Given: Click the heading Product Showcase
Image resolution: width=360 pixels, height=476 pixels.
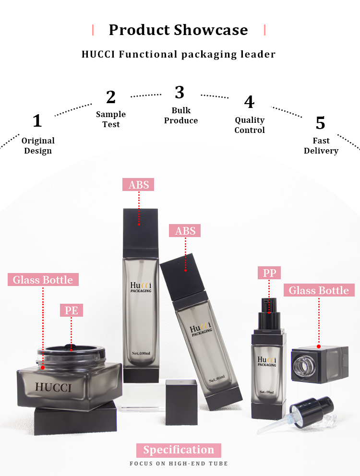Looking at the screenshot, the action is pyautogui.click(x=179, y=30).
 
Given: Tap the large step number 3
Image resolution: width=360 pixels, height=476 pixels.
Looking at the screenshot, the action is pyautogui.click(x=180, y=92).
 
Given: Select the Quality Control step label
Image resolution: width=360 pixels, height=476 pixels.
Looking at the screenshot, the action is pyautogui.click(x=250, y=125).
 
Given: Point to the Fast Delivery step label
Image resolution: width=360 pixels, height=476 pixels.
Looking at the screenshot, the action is pyautogui.click(x=321, y=145).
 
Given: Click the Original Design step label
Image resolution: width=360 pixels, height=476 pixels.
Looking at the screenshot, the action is pyautogui.click(x=38, y=145).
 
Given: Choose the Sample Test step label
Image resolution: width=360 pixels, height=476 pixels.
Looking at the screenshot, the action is pyautogui.click(x=111, y=119).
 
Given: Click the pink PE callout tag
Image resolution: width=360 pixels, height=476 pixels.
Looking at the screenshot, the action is pyautogui.click(x=72, y=310).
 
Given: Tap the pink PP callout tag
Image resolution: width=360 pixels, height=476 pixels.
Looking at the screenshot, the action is pyautogui.click(x=269, y=273).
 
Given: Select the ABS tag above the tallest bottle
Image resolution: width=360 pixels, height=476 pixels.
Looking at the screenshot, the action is pyautogui.click(x=138, y=185).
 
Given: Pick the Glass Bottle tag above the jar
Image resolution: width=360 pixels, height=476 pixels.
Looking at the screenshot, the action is pyautogui.click(x=43, y=280).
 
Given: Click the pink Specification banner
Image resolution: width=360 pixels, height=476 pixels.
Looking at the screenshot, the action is pyautogui.click(x=179, y=450).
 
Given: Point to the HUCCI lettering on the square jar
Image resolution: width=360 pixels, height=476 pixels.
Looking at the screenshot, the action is pyautogui.click(x=53, y=387).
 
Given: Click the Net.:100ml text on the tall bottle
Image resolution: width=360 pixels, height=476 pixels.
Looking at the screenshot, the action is pyautogui.click(x=141, y=353).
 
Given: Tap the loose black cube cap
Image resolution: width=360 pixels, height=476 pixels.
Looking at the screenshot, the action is pyautogui.click(x=181, y=402).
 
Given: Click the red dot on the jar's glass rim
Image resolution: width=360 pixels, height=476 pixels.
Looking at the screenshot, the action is pyautogui.click(x=43, y=368).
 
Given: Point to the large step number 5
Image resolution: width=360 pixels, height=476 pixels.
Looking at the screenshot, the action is pyautogui.click(x=321, y=123).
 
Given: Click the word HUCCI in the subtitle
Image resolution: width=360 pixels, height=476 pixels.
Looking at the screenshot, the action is pyautogui.click(x=98, y=54).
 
